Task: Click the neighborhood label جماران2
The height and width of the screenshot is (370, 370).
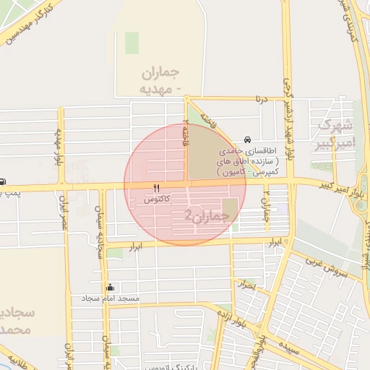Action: click(200, 215)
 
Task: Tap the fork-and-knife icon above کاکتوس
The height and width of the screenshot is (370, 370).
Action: click(156, 187)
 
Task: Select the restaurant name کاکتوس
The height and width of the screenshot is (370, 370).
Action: click(157, 197)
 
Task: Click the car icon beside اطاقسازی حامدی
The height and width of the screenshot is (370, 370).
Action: click(248, 139)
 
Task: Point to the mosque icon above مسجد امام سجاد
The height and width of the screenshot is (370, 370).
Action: click(110, 288)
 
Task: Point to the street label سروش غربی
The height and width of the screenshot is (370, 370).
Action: click(332, 272)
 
